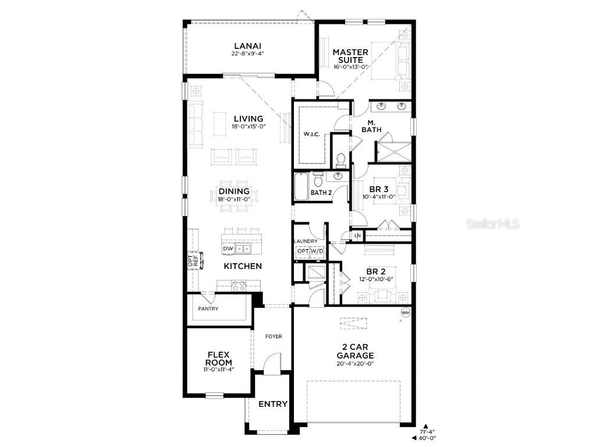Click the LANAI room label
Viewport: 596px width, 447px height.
(x=247, y=46)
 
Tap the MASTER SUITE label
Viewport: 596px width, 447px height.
(x=350, y=56)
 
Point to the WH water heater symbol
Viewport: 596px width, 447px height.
(x=405, y=313)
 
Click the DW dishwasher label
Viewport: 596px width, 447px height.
(x=228, y=249)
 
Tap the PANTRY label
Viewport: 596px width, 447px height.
(x=208, y=308)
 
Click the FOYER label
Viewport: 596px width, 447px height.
(x=273, y=336)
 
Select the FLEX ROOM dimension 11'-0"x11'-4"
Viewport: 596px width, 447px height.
(x=218, y=369)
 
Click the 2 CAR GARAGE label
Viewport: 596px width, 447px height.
(x=355, y=352)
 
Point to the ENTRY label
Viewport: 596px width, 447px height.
(x=272, y=404)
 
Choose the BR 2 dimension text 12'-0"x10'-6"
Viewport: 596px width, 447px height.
(x=377, y=279)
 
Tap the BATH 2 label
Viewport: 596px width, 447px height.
(x=321, y=192)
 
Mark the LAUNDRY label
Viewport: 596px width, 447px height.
(x=306, y=241)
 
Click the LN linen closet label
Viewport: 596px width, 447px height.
(x=357, y=235)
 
